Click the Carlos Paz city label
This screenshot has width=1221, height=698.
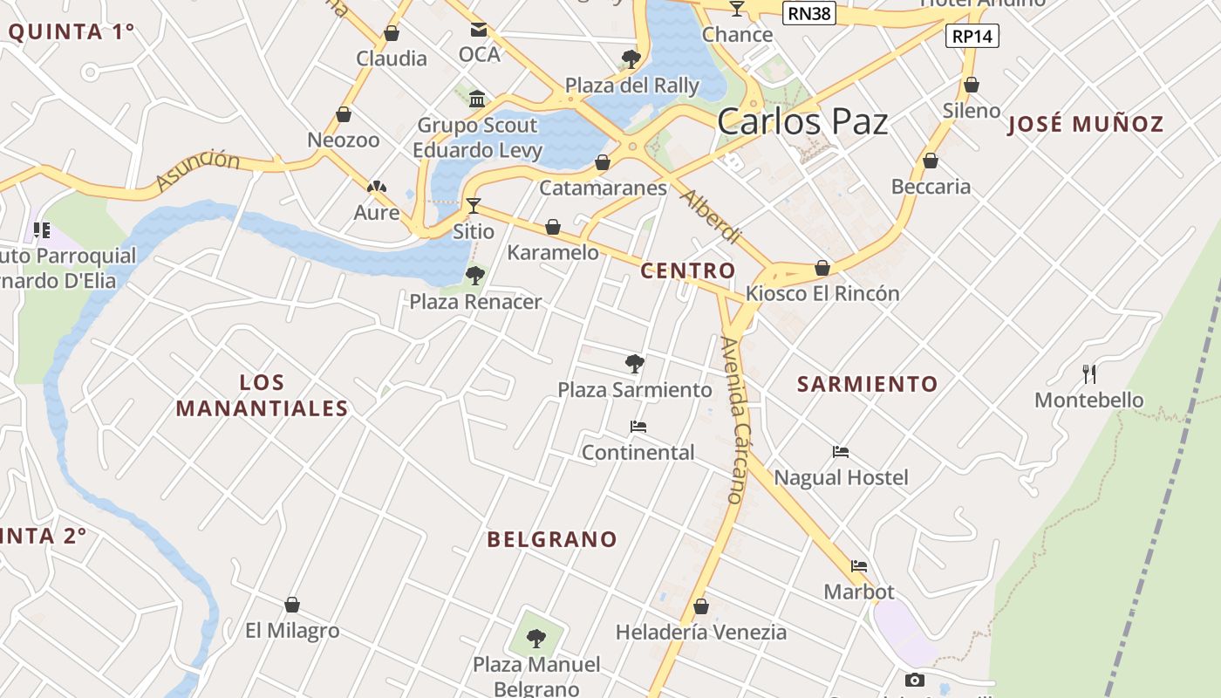click(x=802, y=122)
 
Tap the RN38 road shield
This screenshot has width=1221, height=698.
click(x=808, y=13)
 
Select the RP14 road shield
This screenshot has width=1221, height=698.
click(x=972, y=36)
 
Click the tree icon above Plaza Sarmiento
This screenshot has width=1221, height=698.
click(x=635, y=363)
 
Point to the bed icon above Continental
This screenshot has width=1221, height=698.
click(x=638, y=427)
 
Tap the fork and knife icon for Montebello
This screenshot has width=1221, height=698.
click(x=1088, y=374)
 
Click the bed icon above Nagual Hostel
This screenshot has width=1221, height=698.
click(x=841, y=452)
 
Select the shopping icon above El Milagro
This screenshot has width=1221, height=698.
click(x=292, y=605)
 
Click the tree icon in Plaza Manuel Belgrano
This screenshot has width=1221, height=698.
click(x=536, y=639)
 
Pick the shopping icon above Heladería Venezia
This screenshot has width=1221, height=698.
click(x=701, y=606)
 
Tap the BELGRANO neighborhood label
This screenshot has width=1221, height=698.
click(x=552, y=539)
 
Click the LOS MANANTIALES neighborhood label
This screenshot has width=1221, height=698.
click(x=262, y=395)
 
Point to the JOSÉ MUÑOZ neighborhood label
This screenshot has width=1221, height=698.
click(x=1085, y=124)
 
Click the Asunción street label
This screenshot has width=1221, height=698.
click(x=199, y=169)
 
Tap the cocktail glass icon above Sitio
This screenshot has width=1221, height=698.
click(x=474, y=206)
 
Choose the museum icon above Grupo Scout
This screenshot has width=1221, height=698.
click(x=477, y=99)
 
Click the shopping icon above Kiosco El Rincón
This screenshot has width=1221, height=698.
click(x=822, y=268)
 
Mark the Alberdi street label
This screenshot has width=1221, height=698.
click(x=710, y=216)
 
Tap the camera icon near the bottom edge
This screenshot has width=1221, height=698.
click(x=914, y=680)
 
